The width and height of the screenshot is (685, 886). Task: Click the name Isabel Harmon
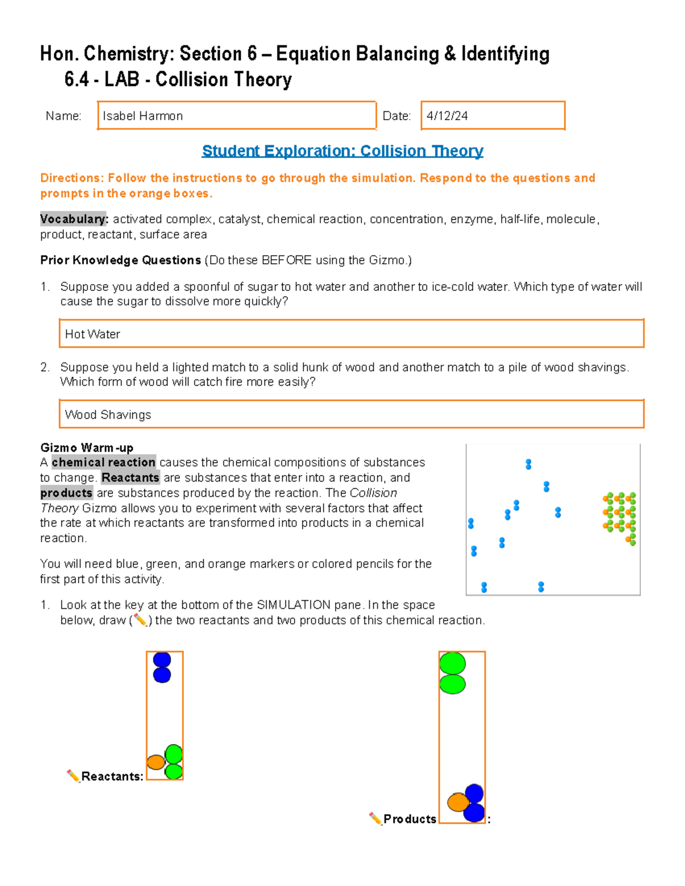pyautogui.click(x=143, y=116)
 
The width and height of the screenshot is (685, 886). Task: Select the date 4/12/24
pyautogui.click(x=447, y=116)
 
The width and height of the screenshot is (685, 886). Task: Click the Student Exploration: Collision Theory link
pyautogui.click(x=342, y=151)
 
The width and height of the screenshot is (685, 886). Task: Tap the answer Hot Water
pyautogui.click(x=92, y=334)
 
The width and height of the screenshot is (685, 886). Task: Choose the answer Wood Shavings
pyautogui.click(x=108, y=415)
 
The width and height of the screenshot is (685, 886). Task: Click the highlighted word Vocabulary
pyautogui.click(x=73, y=219)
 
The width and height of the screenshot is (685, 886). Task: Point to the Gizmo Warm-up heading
pyautogui.click(x=87, y=447)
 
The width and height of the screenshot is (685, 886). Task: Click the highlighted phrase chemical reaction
pyautogui.click(x=103, y=462)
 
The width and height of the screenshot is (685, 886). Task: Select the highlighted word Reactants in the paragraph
pyautogui.click(x=130, y=478)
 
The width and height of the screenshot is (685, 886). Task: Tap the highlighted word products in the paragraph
pyautogui.click(x=66, y=493)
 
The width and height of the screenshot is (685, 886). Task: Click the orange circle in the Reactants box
pyautogui.click(x=156, y=762)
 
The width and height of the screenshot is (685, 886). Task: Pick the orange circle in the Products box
pyautogui.click(x=458, y=802)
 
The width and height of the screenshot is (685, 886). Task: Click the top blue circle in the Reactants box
pyautogui.click(x=162, y=660)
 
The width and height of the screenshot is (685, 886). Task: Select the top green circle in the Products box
pyautogui.click(x=453, y=664)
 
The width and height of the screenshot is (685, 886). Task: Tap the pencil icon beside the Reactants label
pyautogui.click(x=73, y=776)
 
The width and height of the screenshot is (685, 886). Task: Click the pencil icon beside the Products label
pyautogui.click(x=375, y=819)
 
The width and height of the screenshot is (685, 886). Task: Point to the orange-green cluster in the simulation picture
pyautogui.click(x=620, y=517)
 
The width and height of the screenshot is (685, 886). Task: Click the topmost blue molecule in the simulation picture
pyautogui.click(x=529, y=464)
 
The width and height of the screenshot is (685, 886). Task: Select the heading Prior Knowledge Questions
pyautogui.click(x=120, y=260)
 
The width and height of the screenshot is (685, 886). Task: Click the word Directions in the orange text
pyautogui.click(x=71, y=178)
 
